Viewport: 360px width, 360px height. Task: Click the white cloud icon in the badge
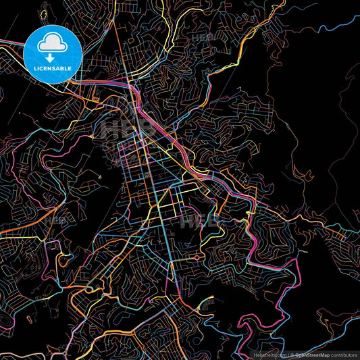pyautogui.click(x=52, y=45)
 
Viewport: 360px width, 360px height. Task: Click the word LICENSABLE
pyautogui.click(x=52, y=68)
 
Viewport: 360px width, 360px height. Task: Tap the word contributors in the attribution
pyautogui.click(x=342, y=353)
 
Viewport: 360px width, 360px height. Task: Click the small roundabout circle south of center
pyautogui.click(x=196, y=257)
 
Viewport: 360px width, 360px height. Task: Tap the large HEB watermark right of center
pyautogui.click(x=199, y=220)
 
